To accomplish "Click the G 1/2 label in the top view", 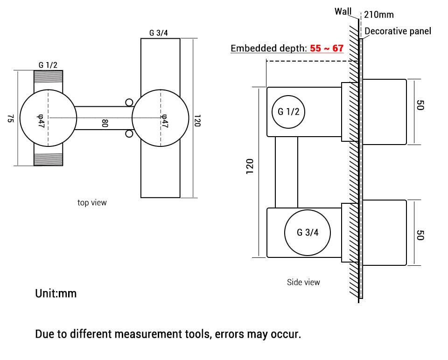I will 48,65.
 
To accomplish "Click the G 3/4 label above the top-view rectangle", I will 159,33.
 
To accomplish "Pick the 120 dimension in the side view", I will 250,166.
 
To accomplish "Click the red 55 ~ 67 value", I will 327,48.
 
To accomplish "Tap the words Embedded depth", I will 269,48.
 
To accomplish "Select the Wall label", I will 343,12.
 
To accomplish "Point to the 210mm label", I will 379,14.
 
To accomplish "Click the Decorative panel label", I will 398,31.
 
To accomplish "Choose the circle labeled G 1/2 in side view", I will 288,111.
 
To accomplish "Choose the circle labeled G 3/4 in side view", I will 308,232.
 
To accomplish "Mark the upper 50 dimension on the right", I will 419,105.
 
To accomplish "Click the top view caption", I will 92,202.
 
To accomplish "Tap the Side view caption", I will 303,282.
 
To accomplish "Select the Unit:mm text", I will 56,294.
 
